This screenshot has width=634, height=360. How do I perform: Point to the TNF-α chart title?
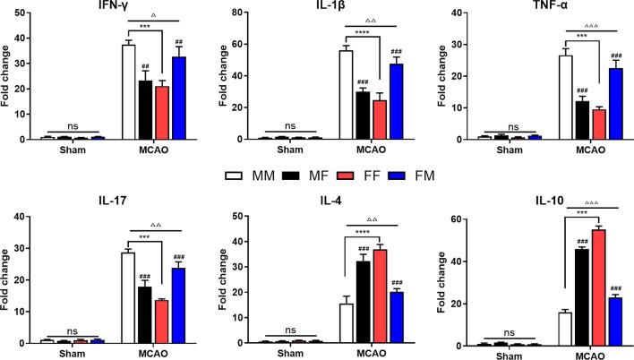pyautogui.click(x=552, y=6)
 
